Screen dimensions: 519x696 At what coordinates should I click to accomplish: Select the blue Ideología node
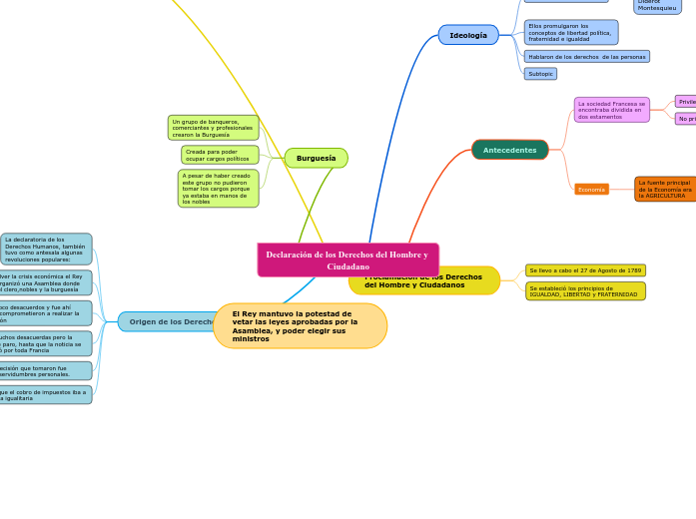[x=468, y=35]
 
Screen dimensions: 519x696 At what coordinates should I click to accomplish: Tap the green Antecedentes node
[x=509, y=150]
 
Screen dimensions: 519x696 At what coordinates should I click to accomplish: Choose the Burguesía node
[x=316, y=158]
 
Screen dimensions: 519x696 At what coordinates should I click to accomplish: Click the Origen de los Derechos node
[x=165, y=321]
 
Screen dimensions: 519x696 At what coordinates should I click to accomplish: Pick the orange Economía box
[x=591, y=189]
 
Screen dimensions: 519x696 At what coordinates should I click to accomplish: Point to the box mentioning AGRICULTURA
[x=665, y=189]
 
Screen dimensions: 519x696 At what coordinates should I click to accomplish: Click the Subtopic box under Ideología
[x=540, y=74]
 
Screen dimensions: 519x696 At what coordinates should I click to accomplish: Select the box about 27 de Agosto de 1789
[x=585, y=270]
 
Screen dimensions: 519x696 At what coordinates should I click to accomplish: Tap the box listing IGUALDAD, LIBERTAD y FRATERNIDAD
[x=585, y=291]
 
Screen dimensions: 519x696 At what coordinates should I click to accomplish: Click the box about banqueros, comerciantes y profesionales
[x=213, y=128]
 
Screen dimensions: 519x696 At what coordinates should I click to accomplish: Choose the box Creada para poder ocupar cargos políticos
[x=220, y=155]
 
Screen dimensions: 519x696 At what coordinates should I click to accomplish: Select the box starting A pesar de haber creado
[x=218, y=188]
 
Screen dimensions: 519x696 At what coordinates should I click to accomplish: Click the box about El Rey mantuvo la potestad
[x=300, y=326]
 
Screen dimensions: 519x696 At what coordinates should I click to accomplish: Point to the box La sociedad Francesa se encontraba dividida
[x=611, y=110]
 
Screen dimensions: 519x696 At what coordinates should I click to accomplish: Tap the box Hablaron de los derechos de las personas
[x=586, y=57]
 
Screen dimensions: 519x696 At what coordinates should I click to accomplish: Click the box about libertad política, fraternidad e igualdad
[x=570, y=32]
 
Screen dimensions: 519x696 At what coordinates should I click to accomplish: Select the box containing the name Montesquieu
[x=657, y=6]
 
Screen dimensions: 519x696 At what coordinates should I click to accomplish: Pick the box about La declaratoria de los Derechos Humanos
[x=46, y=249]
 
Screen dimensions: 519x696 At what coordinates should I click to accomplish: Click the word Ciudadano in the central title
[x=348, y=266]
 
